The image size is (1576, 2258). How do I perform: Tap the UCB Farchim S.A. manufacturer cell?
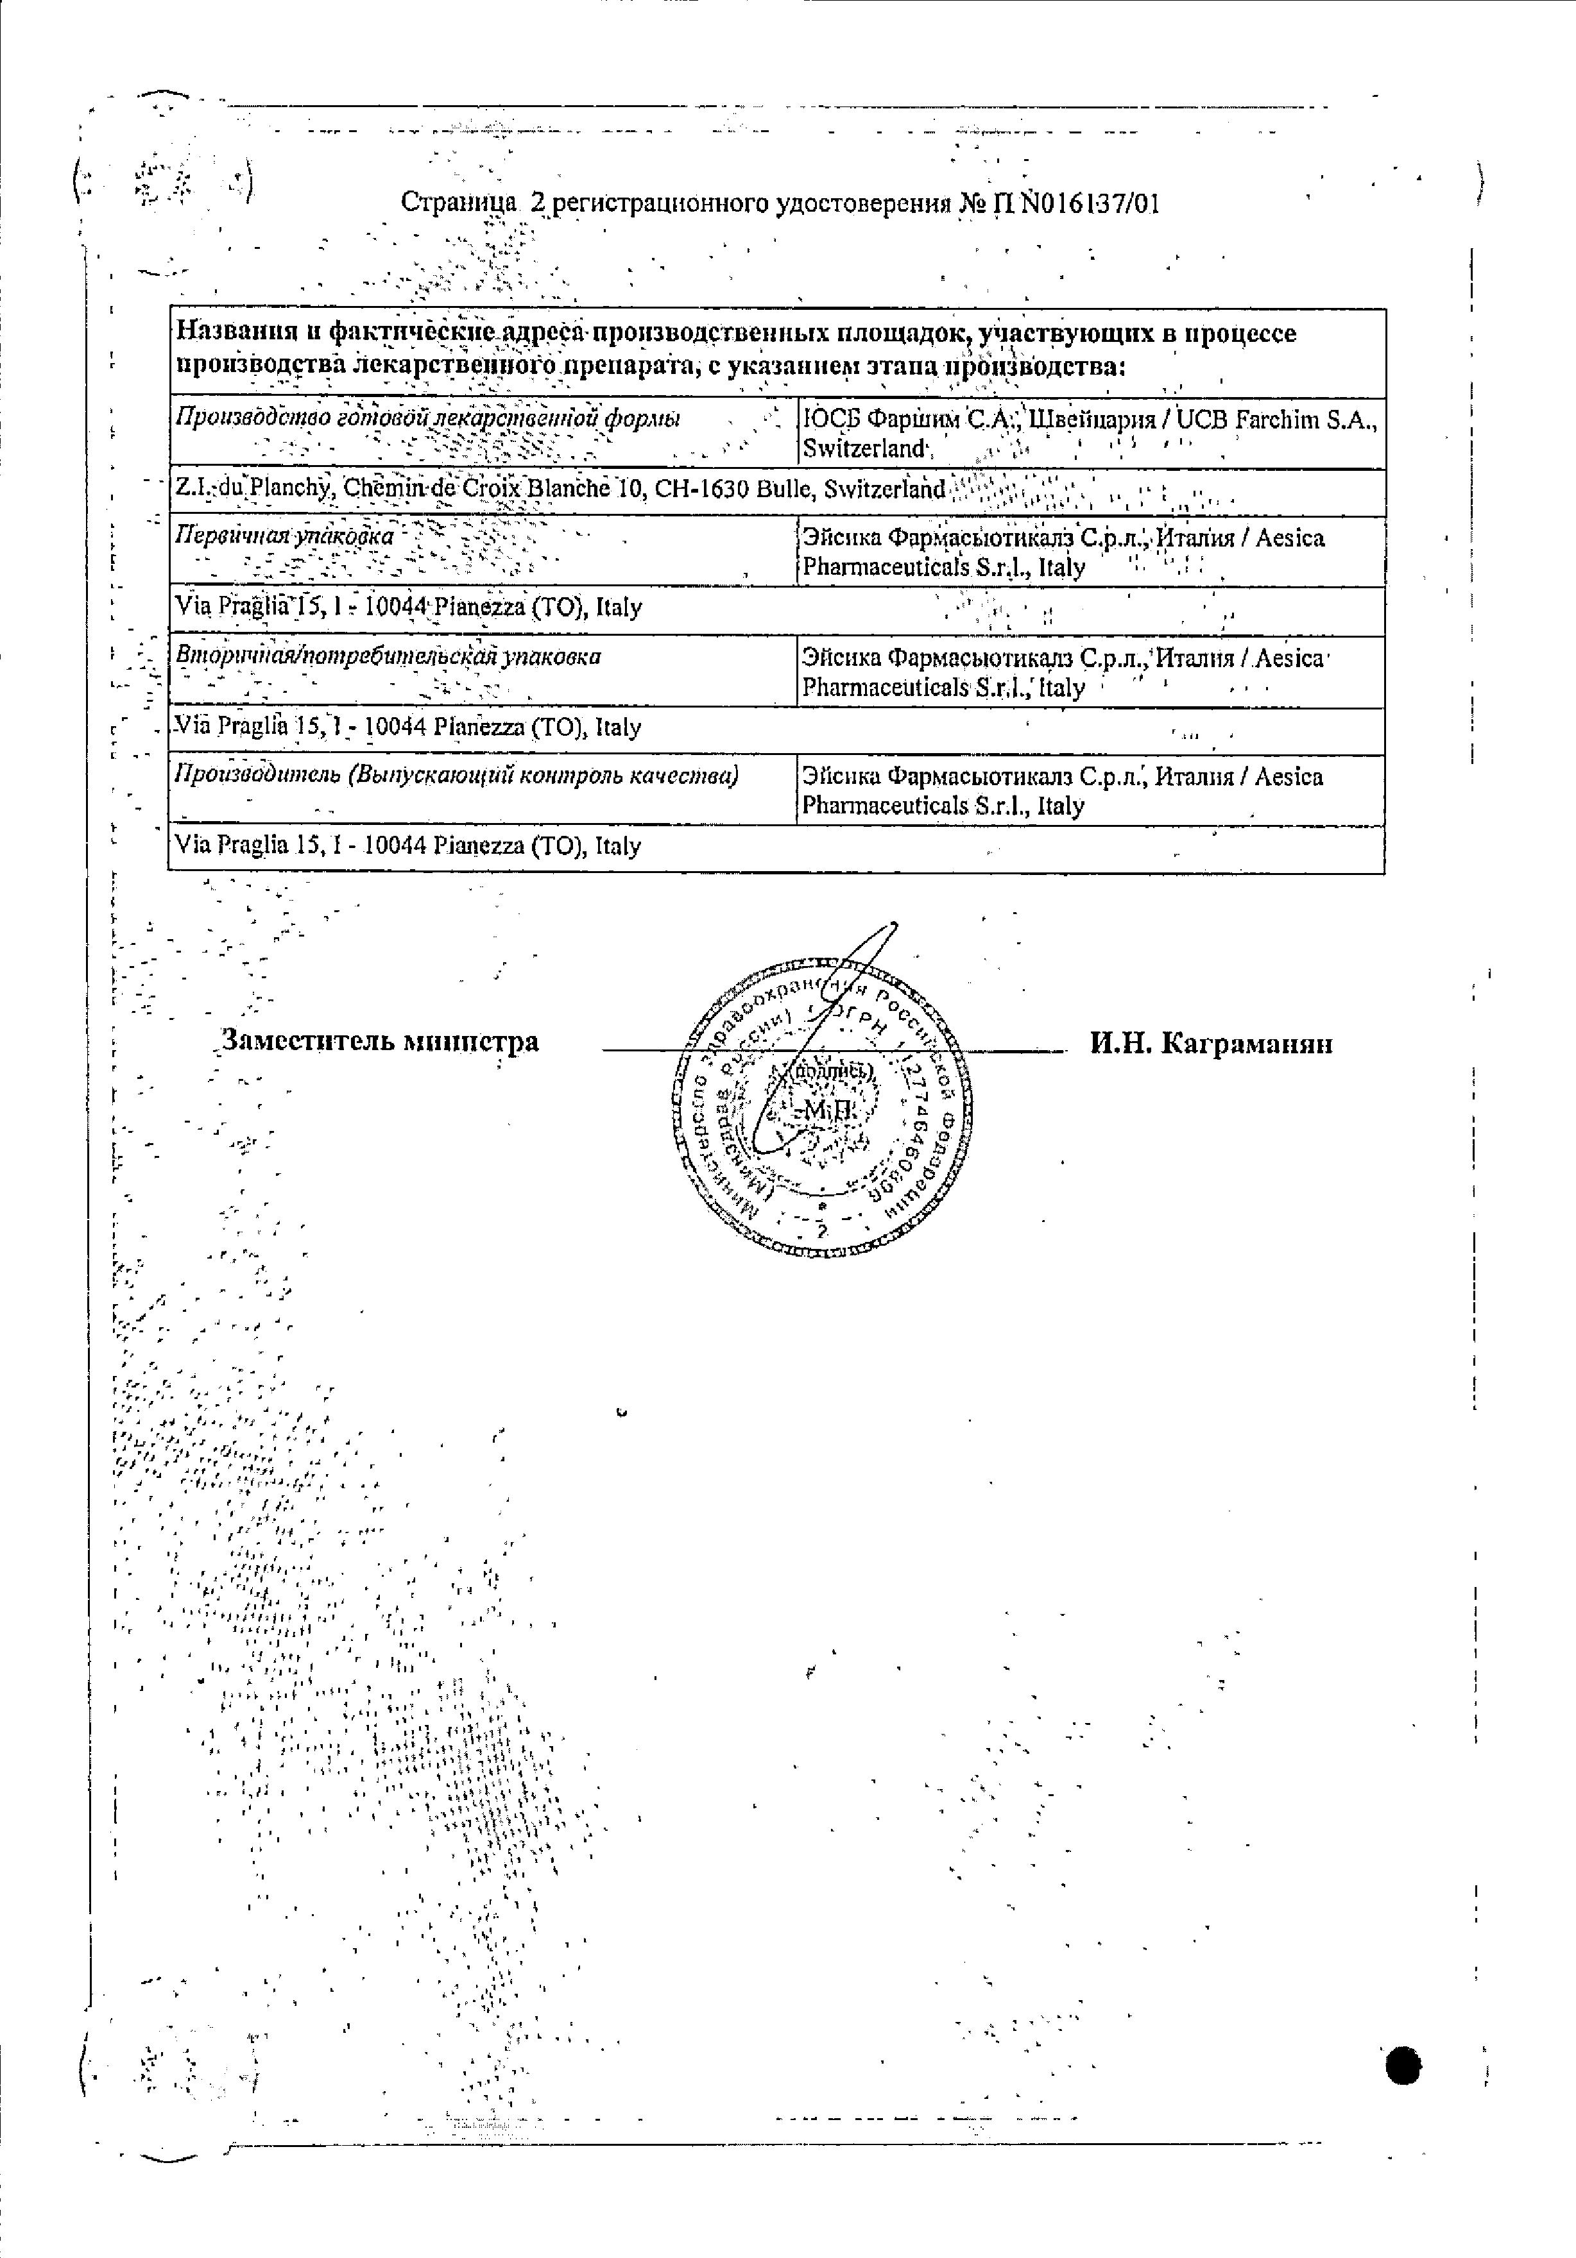tap(1090, 434)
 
